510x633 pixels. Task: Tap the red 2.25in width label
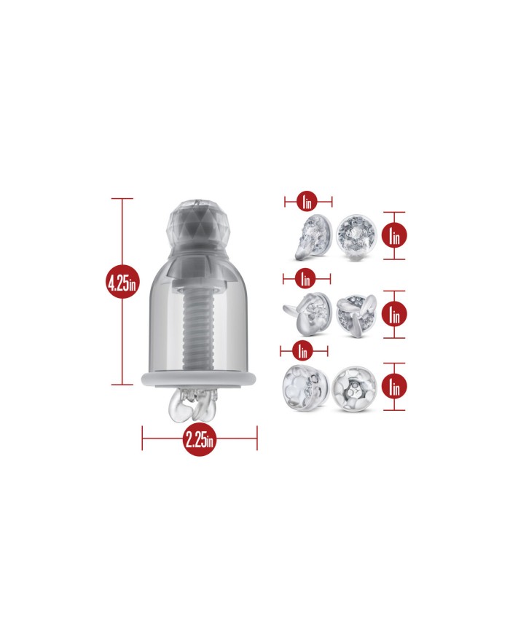point(199,439)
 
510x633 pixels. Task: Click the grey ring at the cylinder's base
point(199,380)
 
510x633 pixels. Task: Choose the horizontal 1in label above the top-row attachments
point(307,201)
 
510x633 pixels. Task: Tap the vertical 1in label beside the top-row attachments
point(394,235)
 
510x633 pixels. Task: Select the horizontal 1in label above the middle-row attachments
point(305,278)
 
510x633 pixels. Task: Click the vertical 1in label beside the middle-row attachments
point(394,314)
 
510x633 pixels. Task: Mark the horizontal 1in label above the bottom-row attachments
point(303,351)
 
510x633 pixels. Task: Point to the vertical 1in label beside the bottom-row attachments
point(394,386)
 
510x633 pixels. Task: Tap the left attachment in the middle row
point(307,314)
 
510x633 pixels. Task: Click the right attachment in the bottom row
point(355,389)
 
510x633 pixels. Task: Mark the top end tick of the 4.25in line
point(122,199)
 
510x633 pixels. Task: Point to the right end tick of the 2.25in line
point(256,438)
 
